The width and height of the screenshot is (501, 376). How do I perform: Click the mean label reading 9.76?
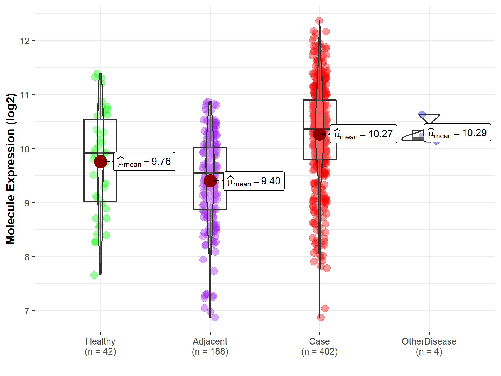click(144, 162)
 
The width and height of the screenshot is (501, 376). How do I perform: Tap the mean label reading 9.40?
click(254, 181)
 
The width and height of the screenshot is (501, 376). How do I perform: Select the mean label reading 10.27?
click(363, 134)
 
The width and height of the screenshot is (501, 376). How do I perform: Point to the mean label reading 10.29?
click(457, 133)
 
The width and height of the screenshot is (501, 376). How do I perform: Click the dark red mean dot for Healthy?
click(100, 162)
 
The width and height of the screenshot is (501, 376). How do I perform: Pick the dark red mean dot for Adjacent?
click(210, 181)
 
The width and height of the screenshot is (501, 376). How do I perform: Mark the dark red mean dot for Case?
click(320, 134)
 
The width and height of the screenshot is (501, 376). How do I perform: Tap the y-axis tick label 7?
click(27, 311)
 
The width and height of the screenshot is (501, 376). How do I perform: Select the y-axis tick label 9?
click(27, 203)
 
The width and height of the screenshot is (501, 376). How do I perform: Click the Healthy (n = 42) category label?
click(100, 346)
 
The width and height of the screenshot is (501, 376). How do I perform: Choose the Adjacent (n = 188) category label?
click(210, 346)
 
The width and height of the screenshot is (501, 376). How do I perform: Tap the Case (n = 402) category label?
click(320, 346)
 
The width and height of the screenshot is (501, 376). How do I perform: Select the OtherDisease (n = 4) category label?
click(429, 346)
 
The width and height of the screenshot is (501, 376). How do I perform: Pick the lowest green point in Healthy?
click(94, 275)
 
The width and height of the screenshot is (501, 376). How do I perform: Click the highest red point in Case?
click(319, 21)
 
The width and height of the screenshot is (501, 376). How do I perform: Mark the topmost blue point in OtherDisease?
click(422, 114)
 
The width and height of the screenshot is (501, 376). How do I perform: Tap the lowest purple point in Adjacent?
click(215, 317)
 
